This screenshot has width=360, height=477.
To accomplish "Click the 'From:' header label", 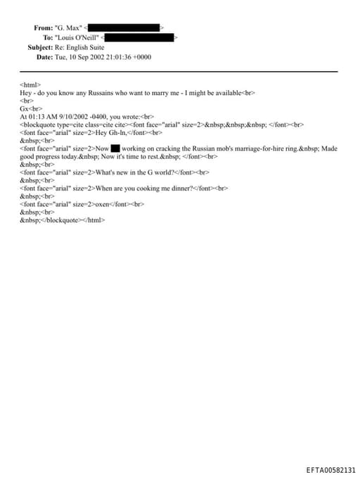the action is coord(43,28).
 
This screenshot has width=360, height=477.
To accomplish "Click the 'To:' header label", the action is coord(48,37).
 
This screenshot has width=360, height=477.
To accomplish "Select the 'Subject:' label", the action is coord(40,47).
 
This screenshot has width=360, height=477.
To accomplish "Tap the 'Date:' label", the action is coord(44,57).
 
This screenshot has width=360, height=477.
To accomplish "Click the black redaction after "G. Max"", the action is coord(124,28).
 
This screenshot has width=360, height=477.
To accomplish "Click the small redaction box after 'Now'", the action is coord(116,148).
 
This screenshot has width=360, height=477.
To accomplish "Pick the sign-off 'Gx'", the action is coord(24,109).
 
